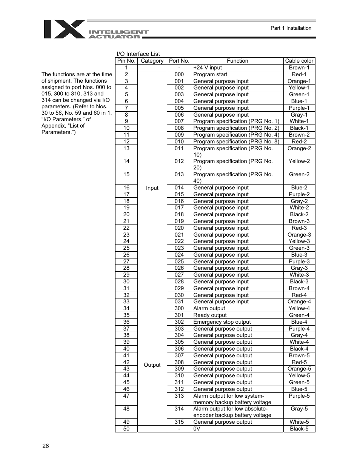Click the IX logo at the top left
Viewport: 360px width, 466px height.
(64, 29)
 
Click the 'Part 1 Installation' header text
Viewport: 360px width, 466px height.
(291, 28)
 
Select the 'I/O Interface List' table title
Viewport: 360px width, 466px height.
(138, 54)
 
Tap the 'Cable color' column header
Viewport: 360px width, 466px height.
(299, 61)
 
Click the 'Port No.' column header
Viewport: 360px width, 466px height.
(179, 61)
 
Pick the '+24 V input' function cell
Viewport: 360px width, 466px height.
(208, 68)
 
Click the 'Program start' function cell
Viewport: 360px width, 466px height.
(210, 74)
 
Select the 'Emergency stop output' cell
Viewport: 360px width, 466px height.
(222, 322)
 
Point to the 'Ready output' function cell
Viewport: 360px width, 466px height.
(210, 315)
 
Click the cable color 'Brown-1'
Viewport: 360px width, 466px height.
(299, 68)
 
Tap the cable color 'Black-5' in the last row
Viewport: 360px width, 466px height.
(299, 429)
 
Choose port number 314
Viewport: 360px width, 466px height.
(179, 409)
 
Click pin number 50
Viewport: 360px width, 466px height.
(126, 429)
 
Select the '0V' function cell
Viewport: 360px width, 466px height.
(197, 429)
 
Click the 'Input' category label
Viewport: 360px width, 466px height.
(152, 188)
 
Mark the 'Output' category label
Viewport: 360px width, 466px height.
(152, 365)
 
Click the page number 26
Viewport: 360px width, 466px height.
(46, 446)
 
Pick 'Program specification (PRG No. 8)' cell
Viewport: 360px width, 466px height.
(236, 141)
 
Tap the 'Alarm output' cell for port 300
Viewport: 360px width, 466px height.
(209, 308)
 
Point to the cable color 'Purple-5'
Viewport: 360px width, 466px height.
(299, 396)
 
